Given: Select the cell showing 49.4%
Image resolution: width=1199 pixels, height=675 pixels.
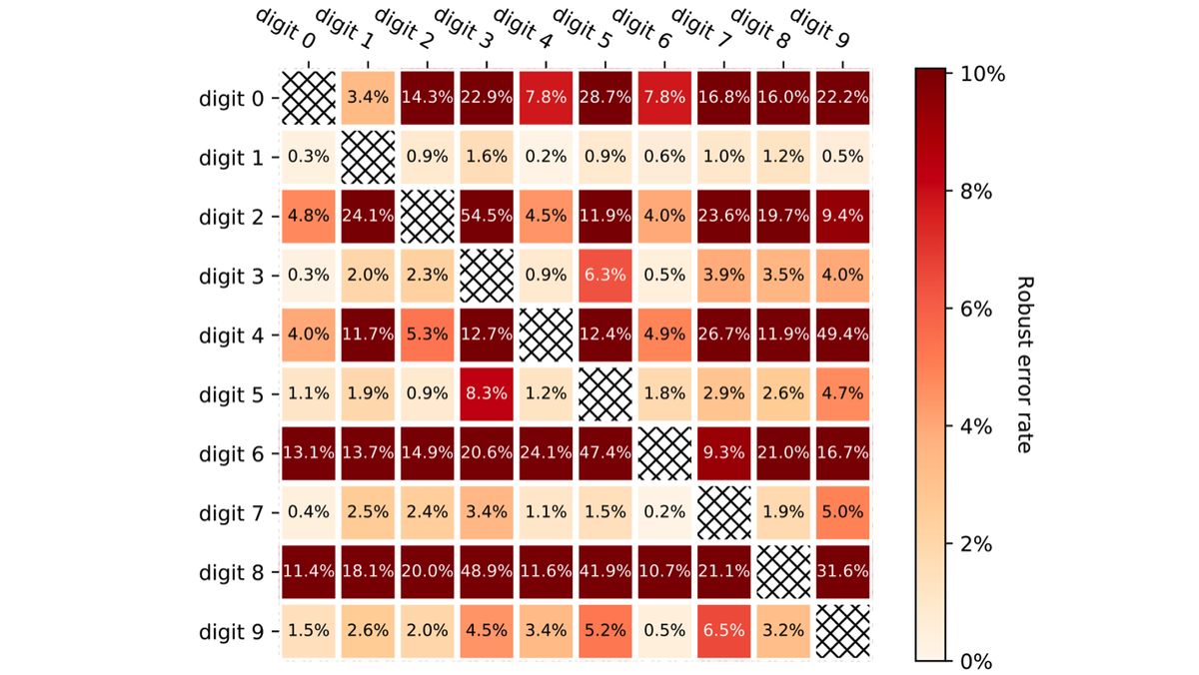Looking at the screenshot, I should [842, 336].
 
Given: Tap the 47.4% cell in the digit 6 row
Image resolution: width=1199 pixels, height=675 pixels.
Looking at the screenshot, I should [604, 454].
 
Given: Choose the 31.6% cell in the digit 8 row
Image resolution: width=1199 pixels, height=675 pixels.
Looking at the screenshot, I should [842, 573].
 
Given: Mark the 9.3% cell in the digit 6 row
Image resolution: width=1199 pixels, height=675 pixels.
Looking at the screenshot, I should [723, 454].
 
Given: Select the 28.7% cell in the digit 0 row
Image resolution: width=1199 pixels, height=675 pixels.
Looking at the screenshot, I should [604, 99].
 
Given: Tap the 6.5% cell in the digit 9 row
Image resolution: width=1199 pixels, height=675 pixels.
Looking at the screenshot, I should [723, 632].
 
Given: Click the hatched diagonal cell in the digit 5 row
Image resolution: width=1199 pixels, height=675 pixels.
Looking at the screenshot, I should [604, 395].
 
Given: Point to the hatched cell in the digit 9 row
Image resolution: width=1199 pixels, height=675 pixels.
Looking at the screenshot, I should [842, 632].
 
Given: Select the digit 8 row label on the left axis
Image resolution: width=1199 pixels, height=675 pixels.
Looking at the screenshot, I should [232, 574].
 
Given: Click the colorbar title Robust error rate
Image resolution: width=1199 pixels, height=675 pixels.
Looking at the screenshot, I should [1024, 364].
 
